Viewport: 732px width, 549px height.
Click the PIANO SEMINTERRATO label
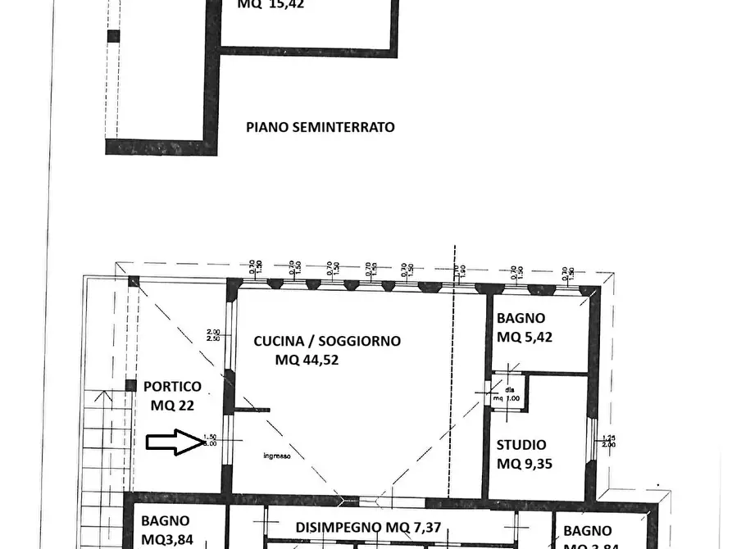[x=321, y=127]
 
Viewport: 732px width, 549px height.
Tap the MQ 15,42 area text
[x=270, y=4]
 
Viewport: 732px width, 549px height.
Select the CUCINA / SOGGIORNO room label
[x=327, y=341]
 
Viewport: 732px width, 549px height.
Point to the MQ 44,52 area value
[x=307, y=359]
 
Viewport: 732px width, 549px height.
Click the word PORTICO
[x=172, y=386]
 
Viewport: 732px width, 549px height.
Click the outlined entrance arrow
[x=175, y=442]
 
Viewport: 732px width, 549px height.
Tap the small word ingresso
[x=276, y=456]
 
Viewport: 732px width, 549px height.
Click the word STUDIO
[x=521, y=445]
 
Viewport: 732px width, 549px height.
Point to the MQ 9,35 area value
[x=525, y=464]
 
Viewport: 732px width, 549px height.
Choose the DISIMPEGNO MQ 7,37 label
[x=368, y=528]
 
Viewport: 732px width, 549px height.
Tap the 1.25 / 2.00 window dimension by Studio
[x=607, y=441]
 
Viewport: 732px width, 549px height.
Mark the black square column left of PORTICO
[x=130, y=385]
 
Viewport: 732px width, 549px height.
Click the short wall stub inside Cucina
[x=252, y=409]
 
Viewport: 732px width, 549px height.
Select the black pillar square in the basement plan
[x=113, y=36]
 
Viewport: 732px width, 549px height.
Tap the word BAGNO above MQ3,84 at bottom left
[x=165, y=520]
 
